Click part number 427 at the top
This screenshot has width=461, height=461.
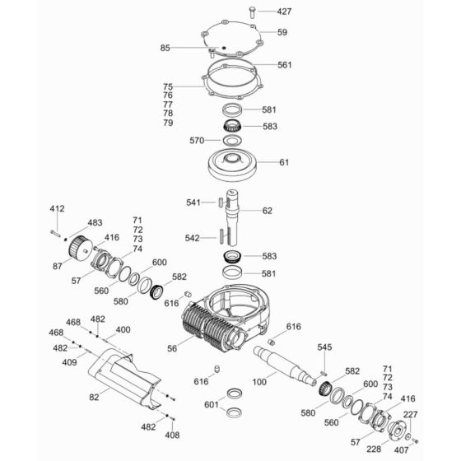tap(284, 12)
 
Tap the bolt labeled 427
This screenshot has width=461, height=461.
tap(252, 12)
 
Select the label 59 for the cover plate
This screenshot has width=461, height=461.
tap(282, 32)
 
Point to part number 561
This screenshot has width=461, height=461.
tap(285, 65)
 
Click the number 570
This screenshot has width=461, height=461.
tap(197, 141)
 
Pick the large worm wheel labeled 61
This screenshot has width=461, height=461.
tap(232, 165)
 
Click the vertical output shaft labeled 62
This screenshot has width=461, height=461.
tap(232, 217)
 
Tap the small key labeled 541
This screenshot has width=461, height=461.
tap(221, 203)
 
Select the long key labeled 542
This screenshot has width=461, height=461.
tap(221, 235)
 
